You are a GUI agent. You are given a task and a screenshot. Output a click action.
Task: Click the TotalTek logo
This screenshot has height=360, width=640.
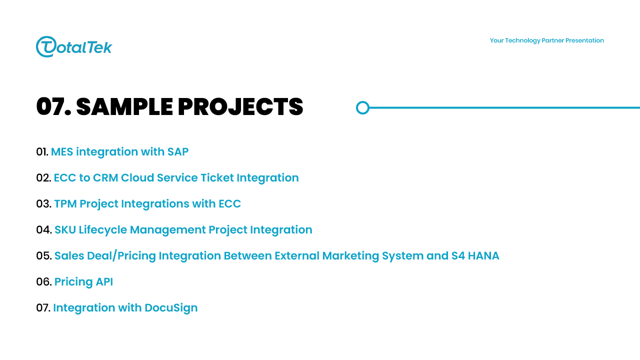pos(74,46)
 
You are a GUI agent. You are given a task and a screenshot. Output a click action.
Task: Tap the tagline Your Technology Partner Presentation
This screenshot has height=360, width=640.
pos(547,40)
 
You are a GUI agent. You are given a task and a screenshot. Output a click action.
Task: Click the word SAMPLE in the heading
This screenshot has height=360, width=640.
pos(124,107)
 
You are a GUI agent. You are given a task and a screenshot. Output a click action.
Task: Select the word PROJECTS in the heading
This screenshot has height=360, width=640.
pos(240,107)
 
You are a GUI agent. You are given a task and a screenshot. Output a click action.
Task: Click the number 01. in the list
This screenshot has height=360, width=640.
pos(42,151)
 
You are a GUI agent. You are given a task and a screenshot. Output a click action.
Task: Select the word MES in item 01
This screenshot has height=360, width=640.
pos(62,151)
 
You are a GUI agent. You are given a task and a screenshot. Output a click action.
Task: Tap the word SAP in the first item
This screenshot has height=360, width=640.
pos(177,151)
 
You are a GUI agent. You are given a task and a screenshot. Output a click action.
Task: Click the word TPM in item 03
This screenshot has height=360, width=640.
pos(65,203)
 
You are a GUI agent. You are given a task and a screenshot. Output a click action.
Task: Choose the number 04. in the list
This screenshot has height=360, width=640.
pos(44,229)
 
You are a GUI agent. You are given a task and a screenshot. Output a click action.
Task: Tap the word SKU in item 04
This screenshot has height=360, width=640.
pos(65,229)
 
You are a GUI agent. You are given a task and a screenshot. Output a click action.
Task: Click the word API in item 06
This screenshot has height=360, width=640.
pos(104,281)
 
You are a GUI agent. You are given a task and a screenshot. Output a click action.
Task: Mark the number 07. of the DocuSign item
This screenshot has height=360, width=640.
pos(43,307)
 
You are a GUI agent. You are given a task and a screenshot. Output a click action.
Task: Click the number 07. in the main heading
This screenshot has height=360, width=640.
pos(53,107)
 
